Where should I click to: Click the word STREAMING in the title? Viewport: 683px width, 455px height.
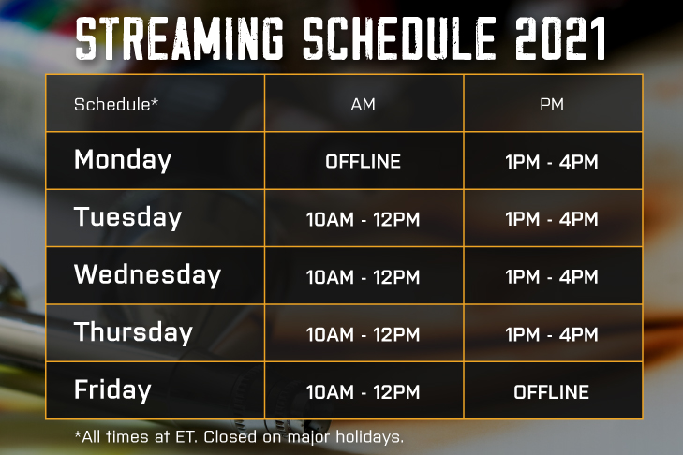[179, 38]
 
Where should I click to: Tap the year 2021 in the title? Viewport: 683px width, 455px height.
[560, 38]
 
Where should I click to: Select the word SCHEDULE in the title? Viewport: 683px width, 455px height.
[399, 38]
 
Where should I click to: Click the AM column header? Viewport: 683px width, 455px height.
[363, 105]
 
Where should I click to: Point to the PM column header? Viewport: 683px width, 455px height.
[552, 105]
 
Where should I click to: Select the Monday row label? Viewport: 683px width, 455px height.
[123, 160]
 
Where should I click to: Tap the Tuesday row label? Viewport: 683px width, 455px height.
[127, 217]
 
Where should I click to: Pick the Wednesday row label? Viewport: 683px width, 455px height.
[148, 274]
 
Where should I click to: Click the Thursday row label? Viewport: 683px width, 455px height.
[133, 331]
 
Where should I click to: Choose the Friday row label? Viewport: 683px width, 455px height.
[112, 389]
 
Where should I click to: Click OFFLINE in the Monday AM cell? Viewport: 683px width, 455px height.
[363, 162]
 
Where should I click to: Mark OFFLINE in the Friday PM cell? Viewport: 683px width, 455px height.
[552, 392]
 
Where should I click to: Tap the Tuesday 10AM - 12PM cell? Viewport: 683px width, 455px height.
[363, 219]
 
